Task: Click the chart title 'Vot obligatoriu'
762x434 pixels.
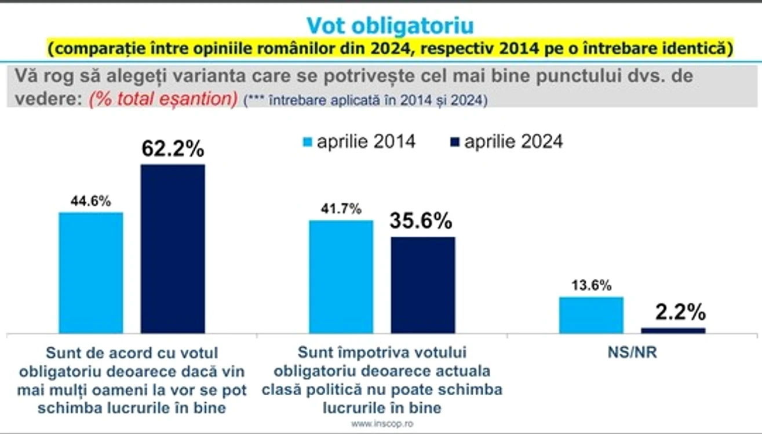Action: tap(390, 25)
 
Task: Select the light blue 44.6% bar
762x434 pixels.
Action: tap(91, 273)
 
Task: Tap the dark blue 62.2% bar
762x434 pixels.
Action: tap(173, 249)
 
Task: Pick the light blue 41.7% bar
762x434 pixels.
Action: tap(341, 277)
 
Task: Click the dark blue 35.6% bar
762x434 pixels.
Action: tap(423, 285)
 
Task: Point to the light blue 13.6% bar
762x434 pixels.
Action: tap(591, 315)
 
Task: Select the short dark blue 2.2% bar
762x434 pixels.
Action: tap(673, 330)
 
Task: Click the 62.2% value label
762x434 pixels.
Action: tap(173, 148)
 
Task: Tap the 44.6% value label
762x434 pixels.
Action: tap(91, 201)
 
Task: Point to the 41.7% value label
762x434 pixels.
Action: tap(341, 209)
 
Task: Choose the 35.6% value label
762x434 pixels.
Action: tap(421, 220)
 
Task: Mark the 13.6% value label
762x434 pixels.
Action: tap(591, 285)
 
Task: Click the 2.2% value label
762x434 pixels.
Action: tap(680, 312)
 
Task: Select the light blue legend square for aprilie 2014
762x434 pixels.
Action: tap(308, 142)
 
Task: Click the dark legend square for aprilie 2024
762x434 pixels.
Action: tap(455, 142)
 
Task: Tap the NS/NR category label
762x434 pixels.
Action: tap(632, 352)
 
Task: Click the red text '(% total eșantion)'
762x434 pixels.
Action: tap(163, 99)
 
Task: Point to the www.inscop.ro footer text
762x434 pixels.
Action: tap(382, 424)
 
